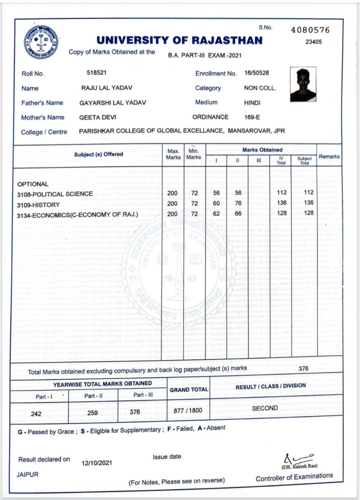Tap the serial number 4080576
[x=310, y=30]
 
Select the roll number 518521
[x=97, y=73]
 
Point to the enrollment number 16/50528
[x=257, y=73]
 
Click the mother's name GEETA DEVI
[x=98, y=117]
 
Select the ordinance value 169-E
[x=252, y=117]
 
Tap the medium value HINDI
[x=252, y=103]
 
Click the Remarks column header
[x=329, y=156]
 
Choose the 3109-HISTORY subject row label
[x=39, y=204]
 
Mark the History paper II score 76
[x=237, y=203]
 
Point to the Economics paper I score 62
[x=216, y=213]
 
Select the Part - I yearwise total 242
[x=36, y=414]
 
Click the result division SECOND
[x=265, y=408]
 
